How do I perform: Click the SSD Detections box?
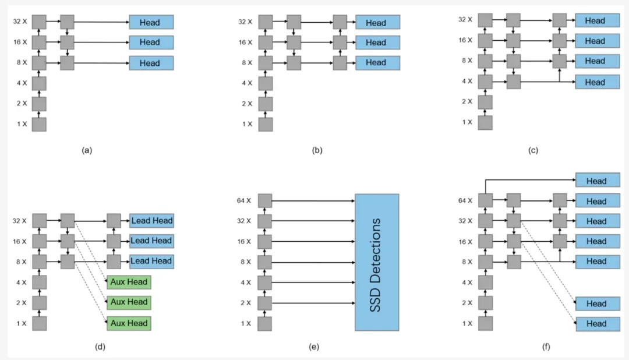tap(377, 263)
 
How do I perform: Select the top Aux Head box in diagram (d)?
tap(129, 282)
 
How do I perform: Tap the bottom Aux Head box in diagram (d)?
tap(129, 323)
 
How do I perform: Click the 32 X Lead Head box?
tap(151, 221)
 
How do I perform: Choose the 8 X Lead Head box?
tap(151, 262)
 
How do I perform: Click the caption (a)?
tap(87, 150)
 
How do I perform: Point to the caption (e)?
tap(314, 347)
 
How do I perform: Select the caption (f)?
tap(546, 347)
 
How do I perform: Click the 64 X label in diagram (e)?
tap(244, 200)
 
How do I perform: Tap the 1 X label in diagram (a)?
tap(22, 124)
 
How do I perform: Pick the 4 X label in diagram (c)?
tap(467, 81)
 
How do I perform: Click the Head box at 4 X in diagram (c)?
tap(598, 82)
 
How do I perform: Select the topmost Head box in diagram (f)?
tap(598, 180)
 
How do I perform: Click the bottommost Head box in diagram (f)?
tap(598, 324)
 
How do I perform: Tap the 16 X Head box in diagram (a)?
tap(151, 42)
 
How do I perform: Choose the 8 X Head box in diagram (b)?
tap(377, 62)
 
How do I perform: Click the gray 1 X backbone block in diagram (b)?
tap(266, 124)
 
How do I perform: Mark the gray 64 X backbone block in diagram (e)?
tap(265, 200)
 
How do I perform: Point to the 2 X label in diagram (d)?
tap(22, 303)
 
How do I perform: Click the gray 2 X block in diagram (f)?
tap(485, 303)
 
